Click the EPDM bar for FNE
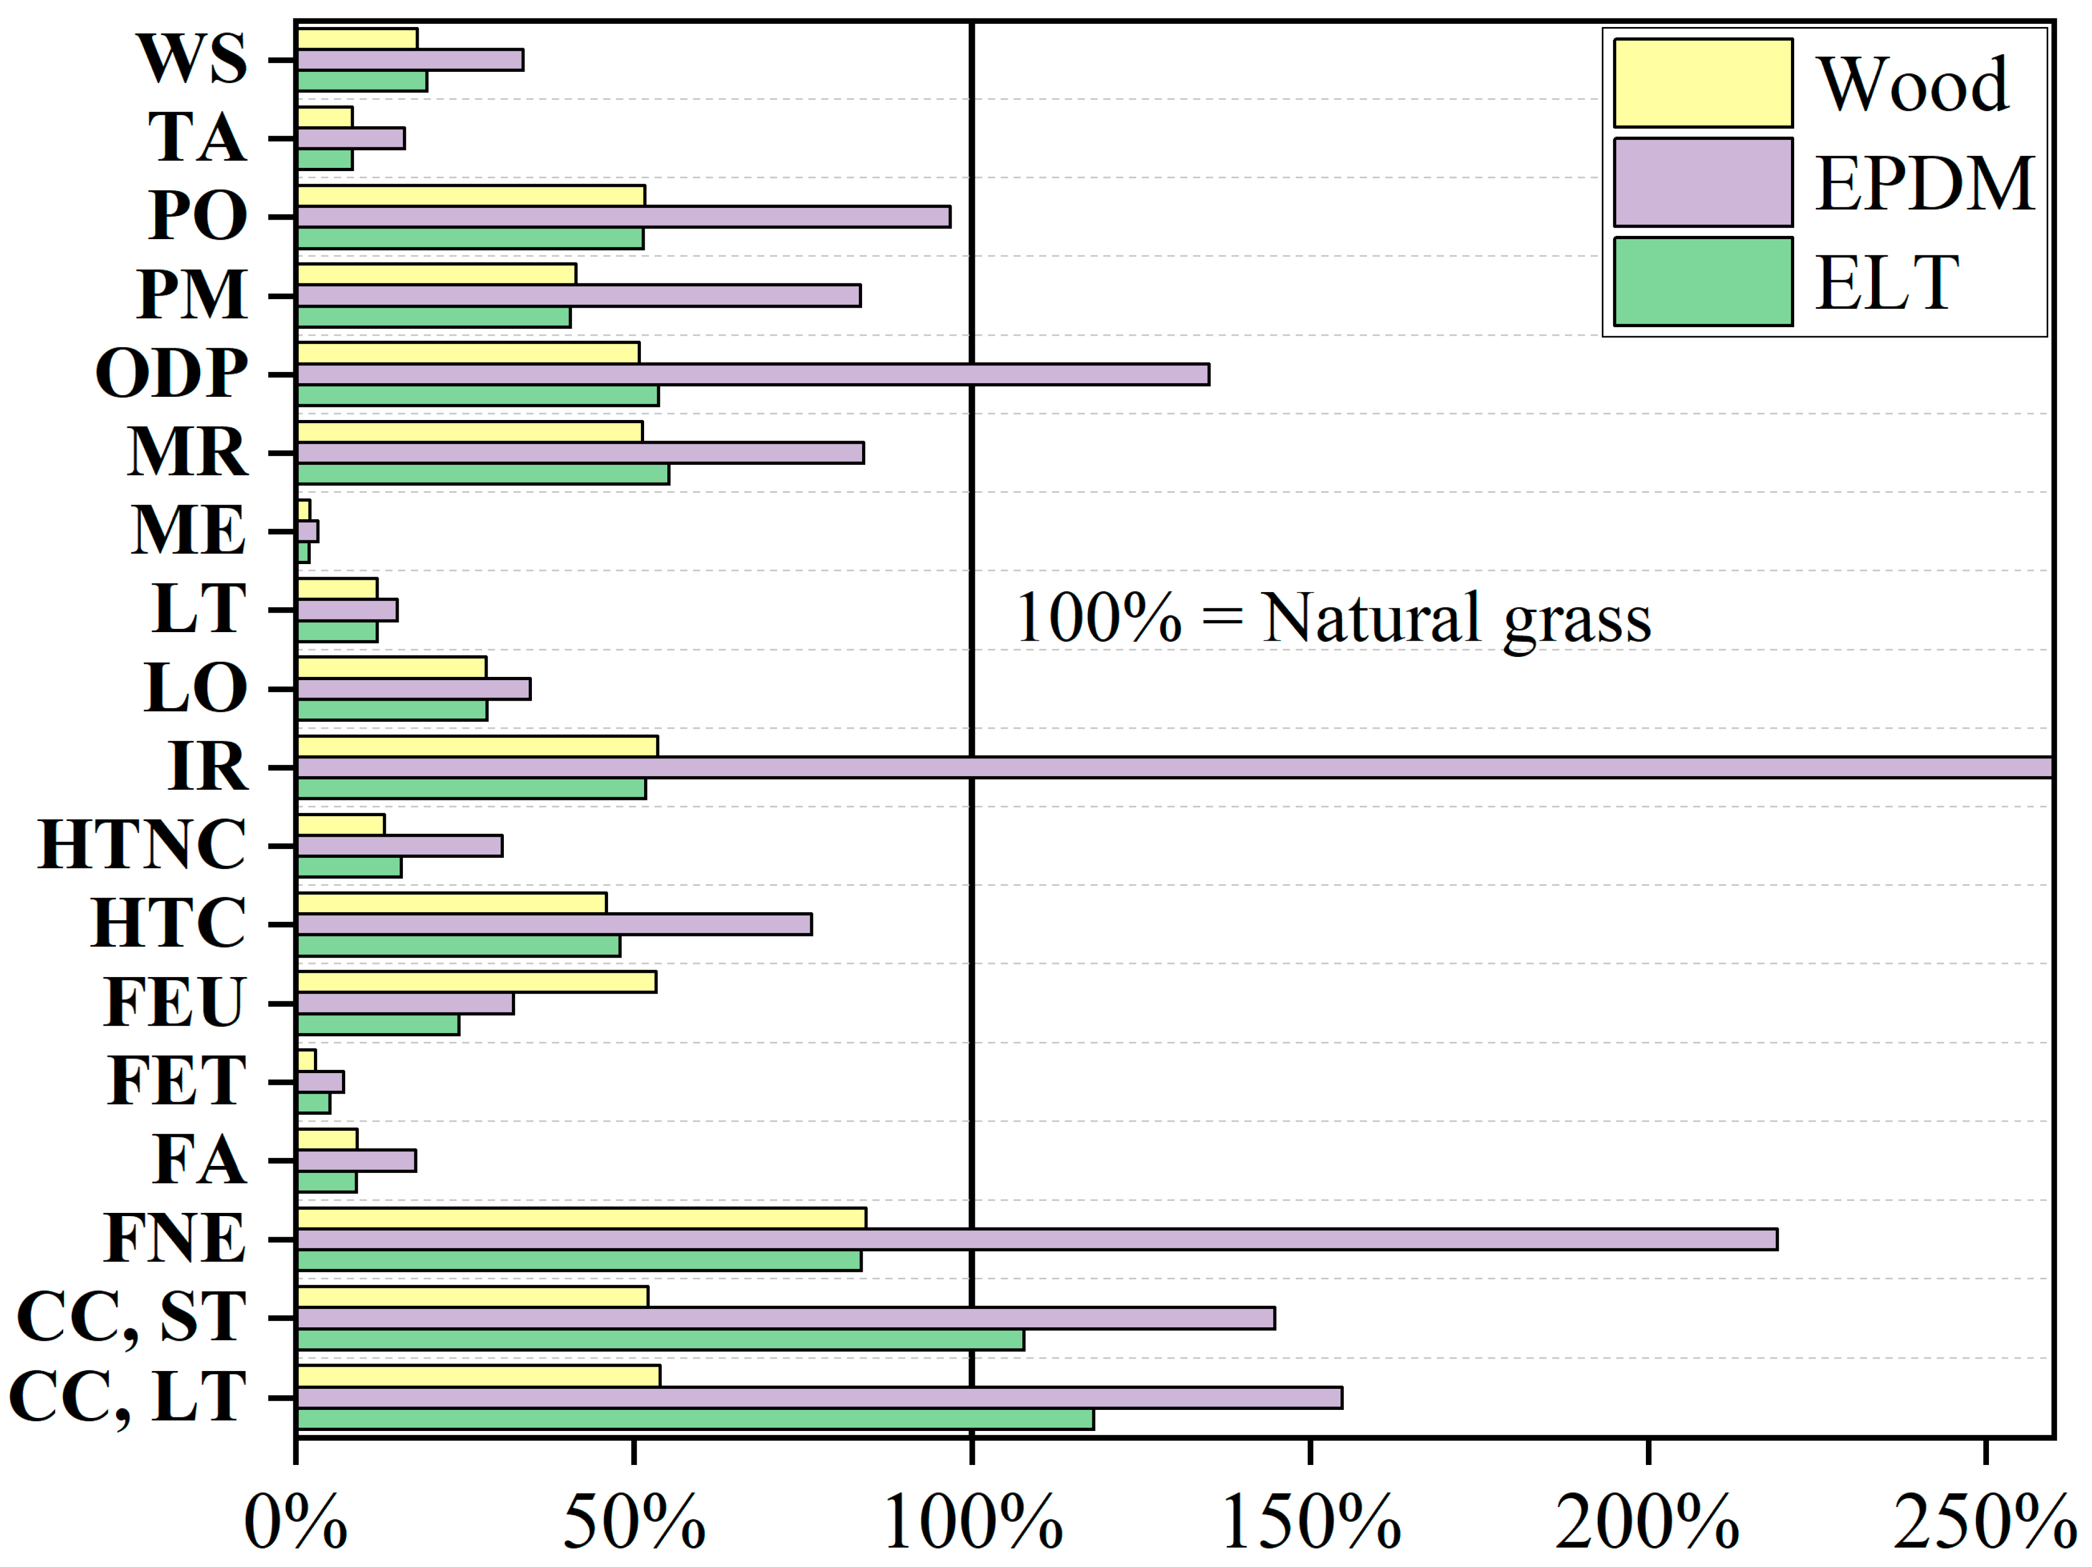(1036, 1239)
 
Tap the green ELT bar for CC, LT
(695, 1419)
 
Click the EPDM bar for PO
(623, 216)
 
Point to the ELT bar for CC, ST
(660, 1339)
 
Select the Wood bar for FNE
(580, 1218)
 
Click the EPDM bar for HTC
(553, 924)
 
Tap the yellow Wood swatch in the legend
(1703, 83)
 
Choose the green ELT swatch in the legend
(1703, 281)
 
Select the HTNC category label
(142, 845)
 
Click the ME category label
(189, 531)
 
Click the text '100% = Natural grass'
(1334, 618)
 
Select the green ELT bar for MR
(482, 474)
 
